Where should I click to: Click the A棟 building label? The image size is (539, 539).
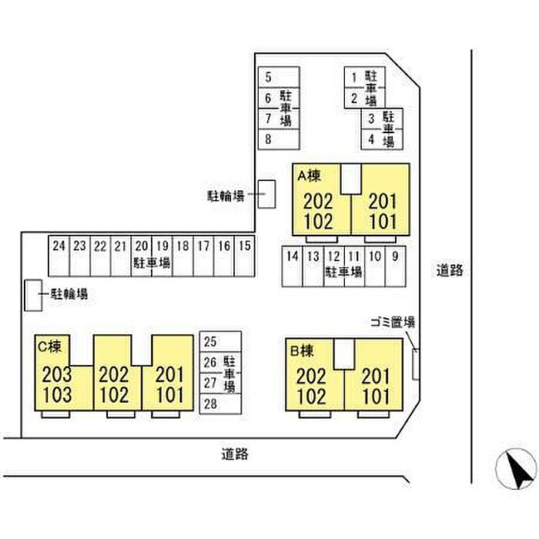point(308,176)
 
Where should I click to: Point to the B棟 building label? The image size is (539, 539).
point(300,351)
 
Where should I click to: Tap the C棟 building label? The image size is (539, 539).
point(49,346)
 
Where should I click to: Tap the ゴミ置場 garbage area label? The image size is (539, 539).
point(393,322)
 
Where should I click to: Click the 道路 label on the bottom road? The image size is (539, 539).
point(234,454)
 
